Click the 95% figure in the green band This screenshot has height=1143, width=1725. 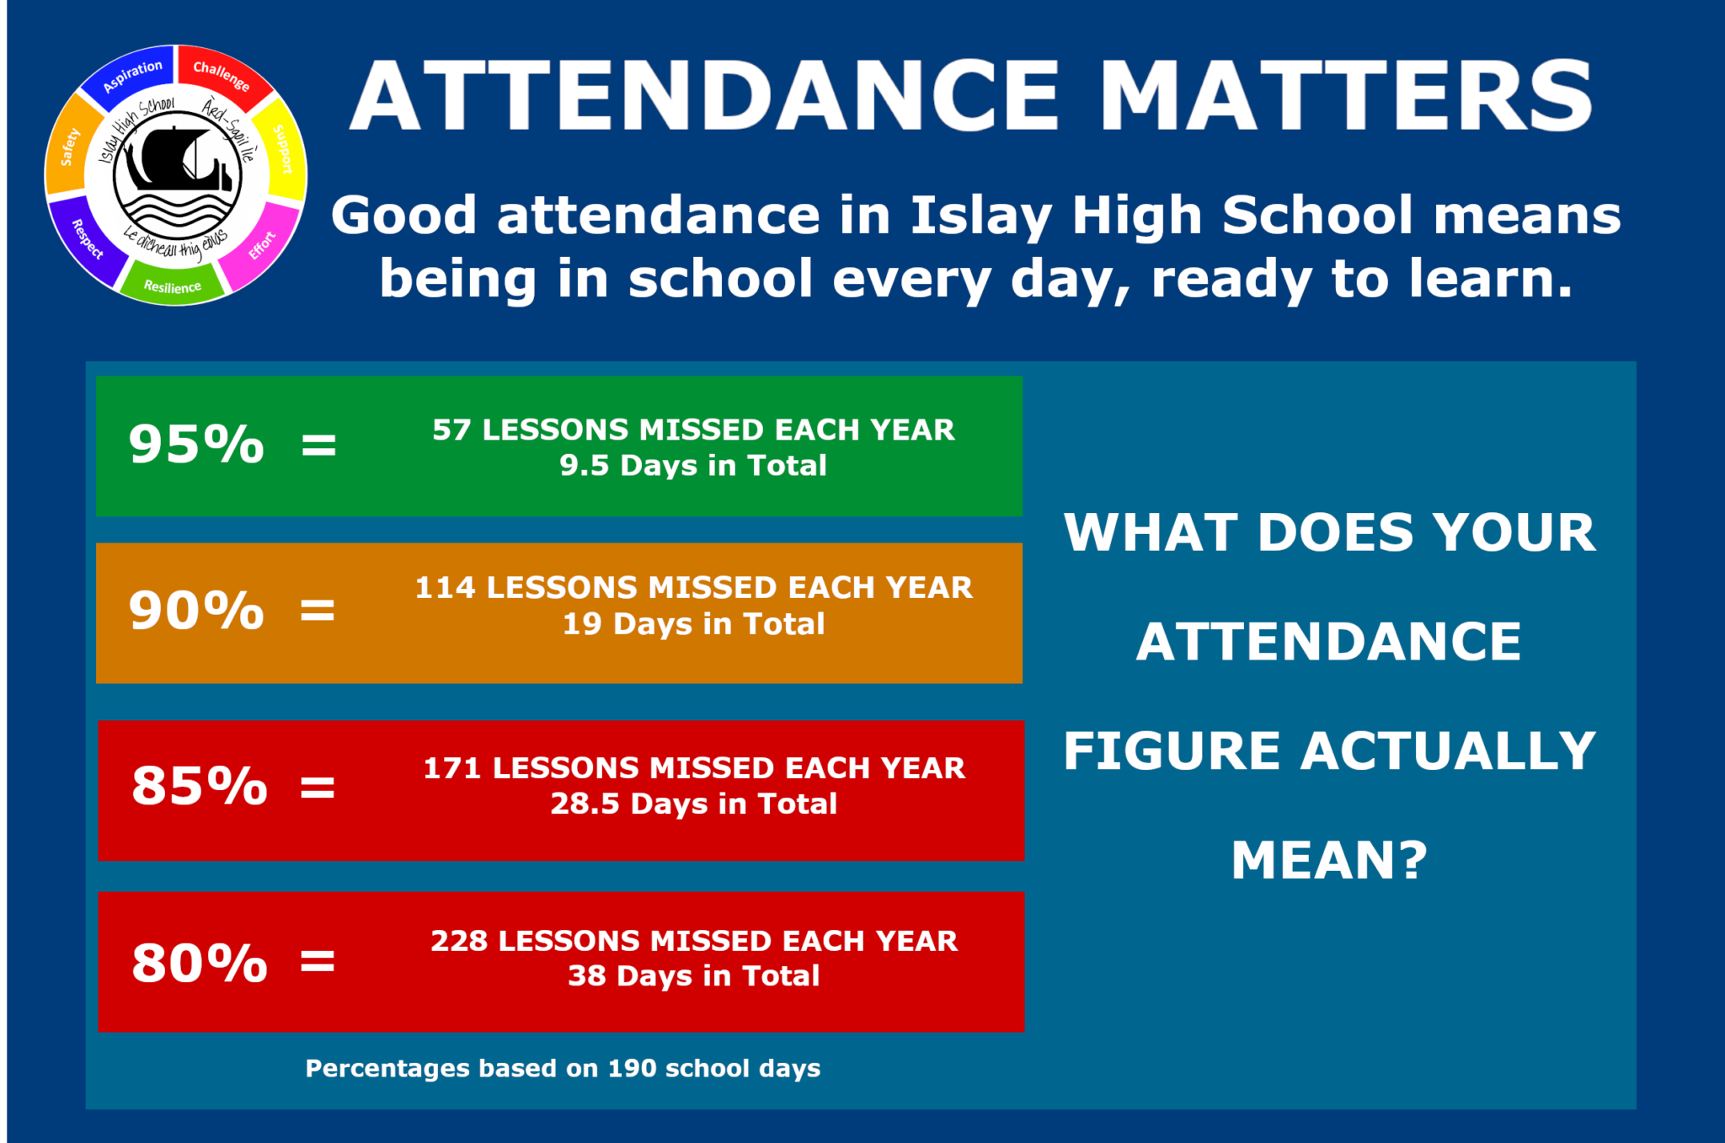[196, 444]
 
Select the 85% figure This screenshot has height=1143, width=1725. [200, 786]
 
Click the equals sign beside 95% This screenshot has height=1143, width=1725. [319, 445]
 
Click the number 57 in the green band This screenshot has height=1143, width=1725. [451, 430]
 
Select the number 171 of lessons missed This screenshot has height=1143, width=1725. [451, 768]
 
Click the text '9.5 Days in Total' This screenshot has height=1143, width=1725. [693, 466]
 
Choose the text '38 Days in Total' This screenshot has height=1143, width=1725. [693, 976]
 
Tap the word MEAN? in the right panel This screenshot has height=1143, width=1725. [1329, 860]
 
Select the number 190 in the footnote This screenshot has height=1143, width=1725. [632, 1068]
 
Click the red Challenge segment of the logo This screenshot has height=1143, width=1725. [222, 75]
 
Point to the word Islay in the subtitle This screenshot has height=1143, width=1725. [980, 216]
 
